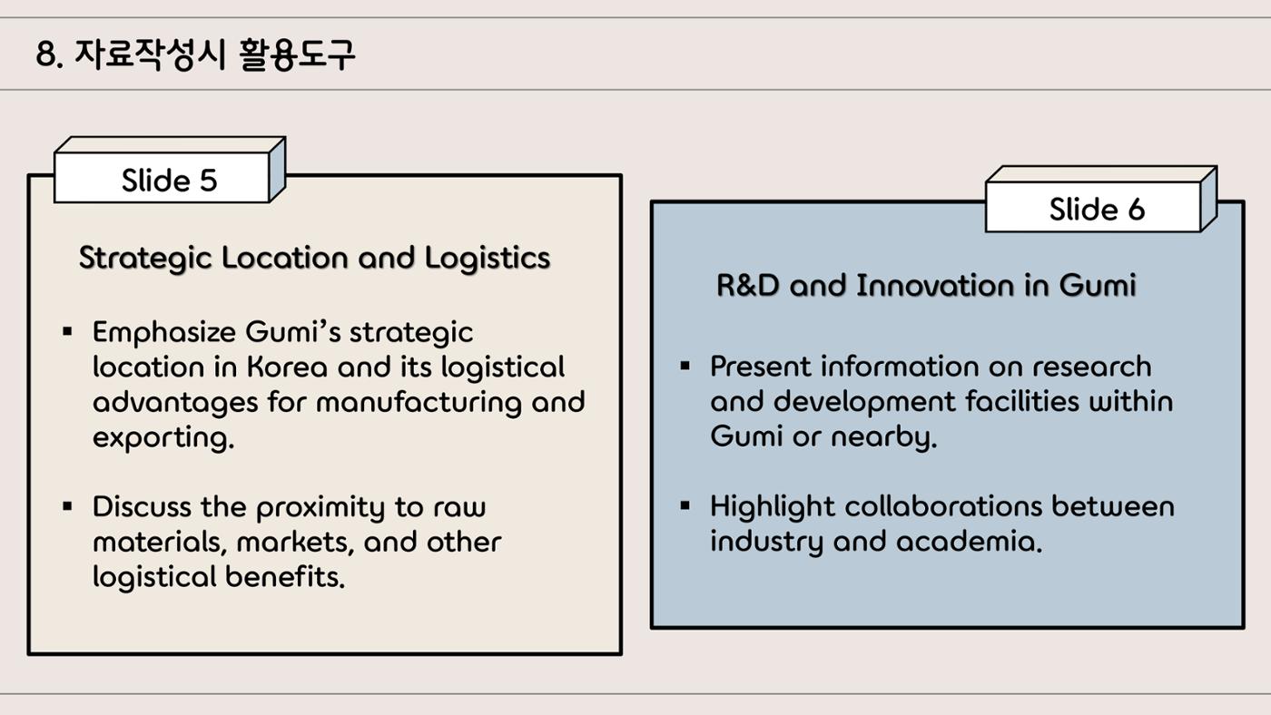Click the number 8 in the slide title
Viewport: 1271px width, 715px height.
[46, 54]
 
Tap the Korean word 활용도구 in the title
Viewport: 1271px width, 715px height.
[297, 55]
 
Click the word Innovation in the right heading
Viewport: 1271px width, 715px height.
[935, 285]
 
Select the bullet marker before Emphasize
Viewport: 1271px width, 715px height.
[67, 331]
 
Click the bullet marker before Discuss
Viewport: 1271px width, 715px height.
[67, 505]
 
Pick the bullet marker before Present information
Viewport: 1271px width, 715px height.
[685, 366]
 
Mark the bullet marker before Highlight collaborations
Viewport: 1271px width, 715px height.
[685, 505]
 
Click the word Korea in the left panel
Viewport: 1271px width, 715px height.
[287, 367]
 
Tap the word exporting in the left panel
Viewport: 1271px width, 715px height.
[163, 438]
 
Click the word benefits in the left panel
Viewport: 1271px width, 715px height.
[285, 577]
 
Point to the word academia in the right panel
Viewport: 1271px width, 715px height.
[970, 542]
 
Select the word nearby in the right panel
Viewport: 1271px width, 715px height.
[884, 437]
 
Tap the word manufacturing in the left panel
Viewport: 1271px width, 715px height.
[419, 403]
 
